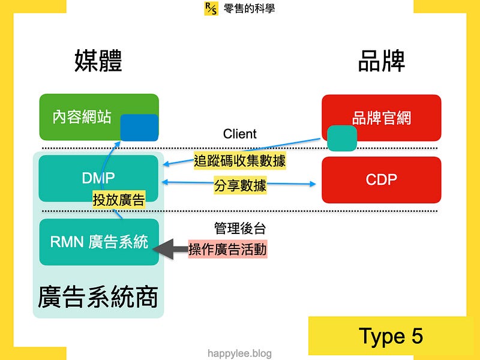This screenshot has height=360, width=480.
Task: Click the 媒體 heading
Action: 98,61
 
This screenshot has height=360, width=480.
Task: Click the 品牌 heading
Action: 382,61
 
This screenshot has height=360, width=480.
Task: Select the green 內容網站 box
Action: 99,117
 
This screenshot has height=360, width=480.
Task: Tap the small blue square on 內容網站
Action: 139,128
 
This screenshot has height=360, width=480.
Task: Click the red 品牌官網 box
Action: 382,118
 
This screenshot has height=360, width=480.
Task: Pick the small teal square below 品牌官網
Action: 342,138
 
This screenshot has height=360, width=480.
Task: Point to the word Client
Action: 239,134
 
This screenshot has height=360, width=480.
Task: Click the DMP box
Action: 98,178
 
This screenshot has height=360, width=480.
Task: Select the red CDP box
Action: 382,179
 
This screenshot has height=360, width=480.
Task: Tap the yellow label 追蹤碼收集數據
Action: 239,161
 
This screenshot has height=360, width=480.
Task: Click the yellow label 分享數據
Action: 241,185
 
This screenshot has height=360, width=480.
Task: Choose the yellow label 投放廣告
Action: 119,200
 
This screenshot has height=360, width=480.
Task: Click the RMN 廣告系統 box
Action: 99,242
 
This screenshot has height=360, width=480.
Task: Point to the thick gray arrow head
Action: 163,249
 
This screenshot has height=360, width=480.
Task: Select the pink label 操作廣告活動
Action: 227,249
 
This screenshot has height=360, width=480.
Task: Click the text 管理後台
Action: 239,229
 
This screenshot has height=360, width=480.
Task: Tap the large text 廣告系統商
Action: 98,296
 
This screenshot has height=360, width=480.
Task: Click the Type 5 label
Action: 391,337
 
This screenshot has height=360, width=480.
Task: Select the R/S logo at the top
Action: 211,8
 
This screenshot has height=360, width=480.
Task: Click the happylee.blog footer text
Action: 239,353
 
